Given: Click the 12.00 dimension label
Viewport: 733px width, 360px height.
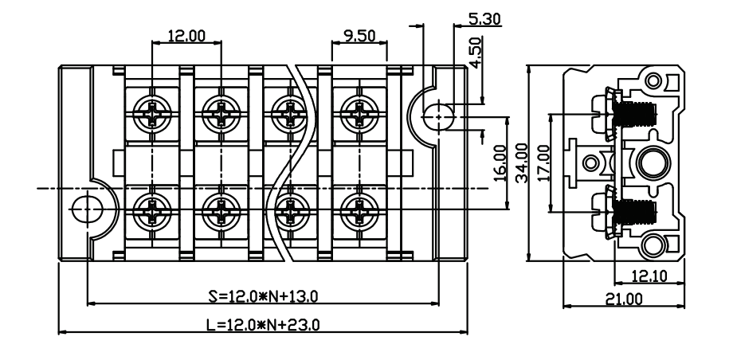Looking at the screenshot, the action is coord(186,36).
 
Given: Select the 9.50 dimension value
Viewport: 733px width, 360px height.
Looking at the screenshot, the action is coord(359,36).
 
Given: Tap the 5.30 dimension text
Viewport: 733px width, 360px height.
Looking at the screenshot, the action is coord(484,18).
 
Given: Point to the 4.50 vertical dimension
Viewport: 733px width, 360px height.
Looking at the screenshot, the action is coord(475,53).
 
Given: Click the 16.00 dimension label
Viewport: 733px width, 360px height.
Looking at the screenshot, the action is coord(500,162).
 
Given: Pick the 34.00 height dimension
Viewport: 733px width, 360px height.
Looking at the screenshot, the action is coord(521,162).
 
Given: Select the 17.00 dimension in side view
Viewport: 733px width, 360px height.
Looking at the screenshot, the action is coord(543,162).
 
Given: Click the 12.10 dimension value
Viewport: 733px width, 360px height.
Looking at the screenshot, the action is coord(649,276).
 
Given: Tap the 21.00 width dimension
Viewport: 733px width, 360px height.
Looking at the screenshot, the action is coord(624,299).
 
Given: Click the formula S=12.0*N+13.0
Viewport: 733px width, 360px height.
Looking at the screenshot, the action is coord(263,296).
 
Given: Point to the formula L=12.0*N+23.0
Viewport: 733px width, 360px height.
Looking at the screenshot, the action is coord(263,324).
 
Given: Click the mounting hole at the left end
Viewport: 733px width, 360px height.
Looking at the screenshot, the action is coord(88,209).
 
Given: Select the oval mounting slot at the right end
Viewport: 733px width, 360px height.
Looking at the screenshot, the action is coord(438,116).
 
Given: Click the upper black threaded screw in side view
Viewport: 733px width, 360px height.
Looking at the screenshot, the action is coord(635,114).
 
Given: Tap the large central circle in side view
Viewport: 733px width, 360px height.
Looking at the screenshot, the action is coord(652,162).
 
